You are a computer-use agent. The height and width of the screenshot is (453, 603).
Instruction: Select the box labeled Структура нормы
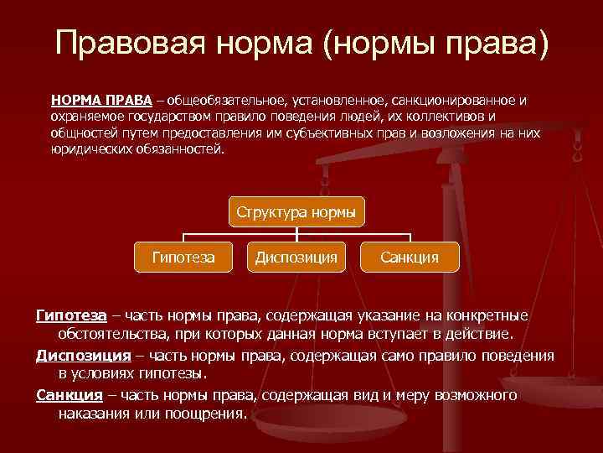pos(296,212)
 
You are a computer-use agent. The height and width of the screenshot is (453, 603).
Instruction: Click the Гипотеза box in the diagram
pos(183,257)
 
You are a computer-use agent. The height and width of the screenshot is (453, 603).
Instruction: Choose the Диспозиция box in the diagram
pos(296,257)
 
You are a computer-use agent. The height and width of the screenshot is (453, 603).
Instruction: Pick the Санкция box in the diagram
pos(410,257)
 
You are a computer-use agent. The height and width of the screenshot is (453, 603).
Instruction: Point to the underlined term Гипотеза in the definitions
pos(71,315)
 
